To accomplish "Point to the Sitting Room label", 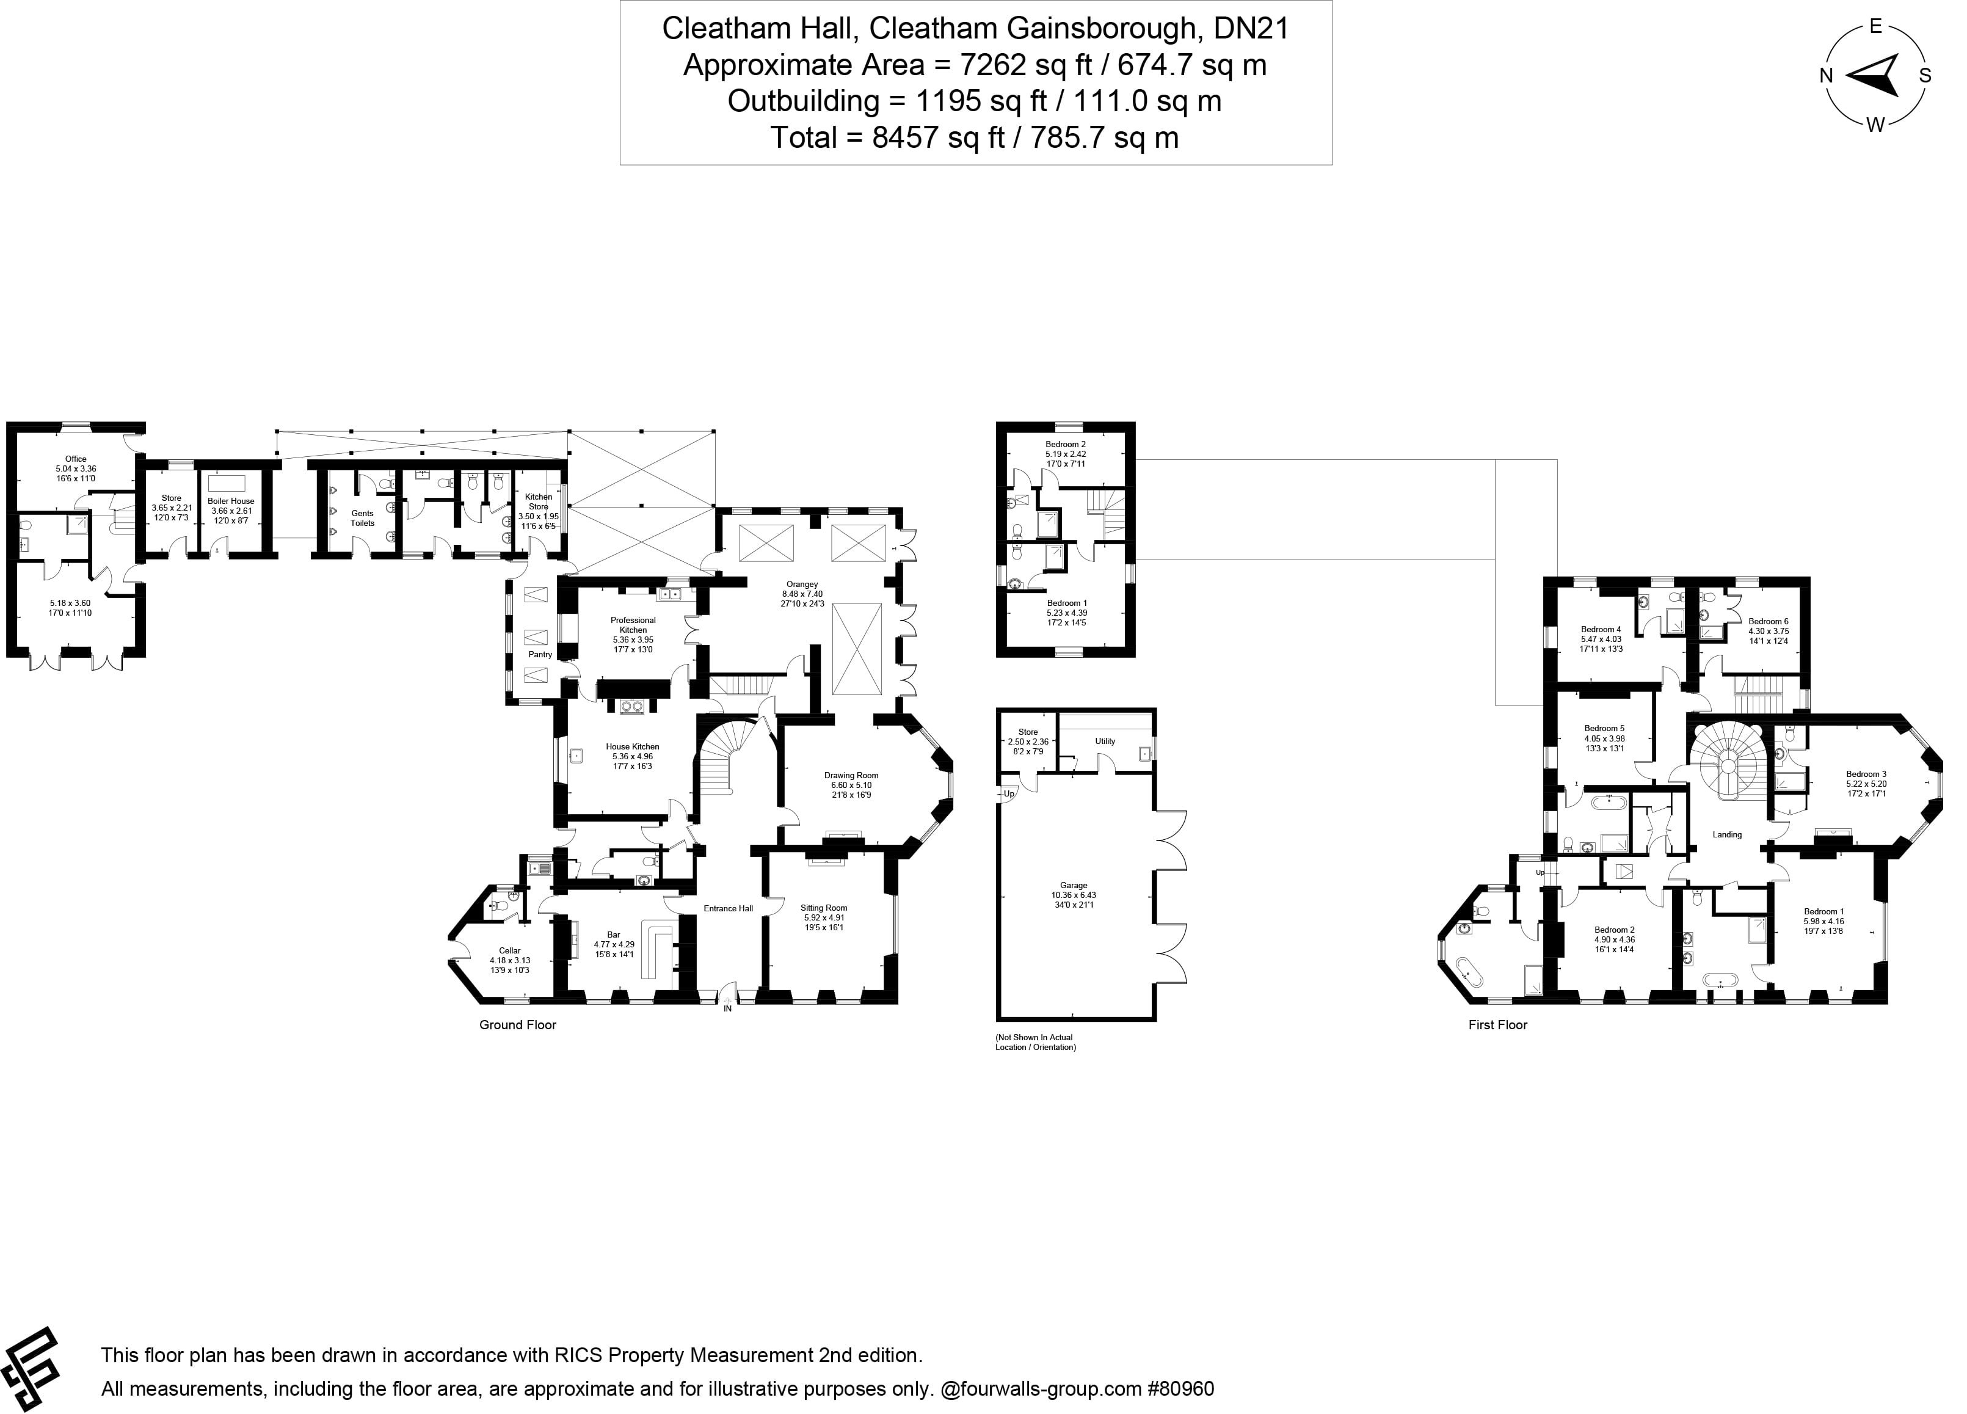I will click(823, 908).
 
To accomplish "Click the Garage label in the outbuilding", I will click(1074, 886).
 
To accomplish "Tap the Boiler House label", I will click(231, 501).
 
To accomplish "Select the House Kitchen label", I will click(632, 746).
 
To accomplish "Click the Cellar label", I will click(510, 951).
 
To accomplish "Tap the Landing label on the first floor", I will click(1727, 834).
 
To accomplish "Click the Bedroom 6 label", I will click(1769, 621).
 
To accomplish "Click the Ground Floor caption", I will click(518, 1024).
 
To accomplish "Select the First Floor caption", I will click(1498, 1024).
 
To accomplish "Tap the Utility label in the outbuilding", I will click(1105, 741).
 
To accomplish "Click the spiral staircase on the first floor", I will click(1728, 765).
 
